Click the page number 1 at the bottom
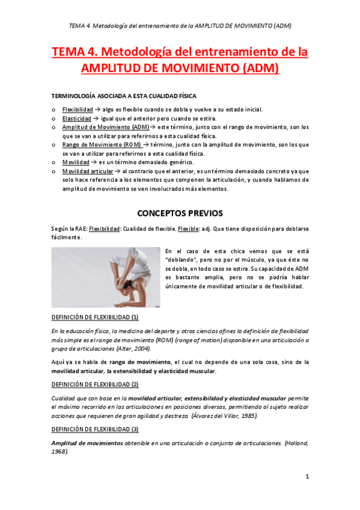tap(307, 477)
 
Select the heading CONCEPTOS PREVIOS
tap(180, 213)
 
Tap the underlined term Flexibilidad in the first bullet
tap(78, 109)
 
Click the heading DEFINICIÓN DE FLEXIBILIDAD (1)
tap(95, 317)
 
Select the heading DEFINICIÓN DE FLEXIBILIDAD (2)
tap(95, 384)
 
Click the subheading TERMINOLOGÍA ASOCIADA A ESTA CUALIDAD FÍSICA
tap(124, 96)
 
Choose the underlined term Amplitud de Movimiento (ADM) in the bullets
tap(106, 127)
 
